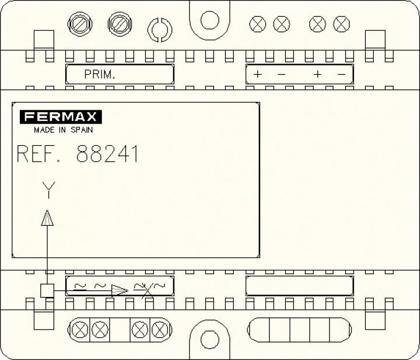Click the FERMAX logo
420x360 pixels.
point(61,117)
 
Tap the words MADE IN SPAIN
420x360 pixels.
point(63,130)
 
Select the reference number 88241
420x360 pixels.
point(107,154)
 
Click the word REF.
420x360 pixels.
point(38,154)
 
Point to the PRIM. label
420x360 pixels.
point(100,74)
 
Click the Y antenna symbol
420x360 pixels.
point(48,190)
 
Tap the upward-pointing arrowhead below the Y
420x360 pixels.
point(47,218)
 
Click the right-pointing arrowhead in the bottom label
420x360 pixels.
point(120,291)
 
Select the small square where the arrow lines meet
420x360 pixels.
point(47,291)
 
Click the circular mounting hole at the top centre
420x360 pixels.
point(210,20)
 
